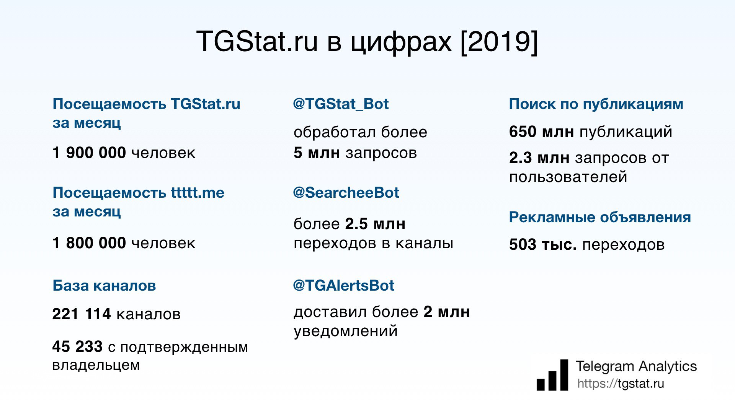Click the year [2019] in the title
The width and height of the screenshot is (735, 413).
(x=499, y=41)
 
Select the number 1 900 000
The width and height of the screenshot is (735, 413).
(x=89, y=153)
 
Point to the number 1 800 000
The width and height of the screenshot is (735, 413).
(x=89, y=243)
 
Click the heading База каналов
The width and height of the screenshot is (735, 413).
(x=104, y=285)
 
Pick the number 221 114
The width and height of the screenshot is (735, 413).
(x=82, y=314)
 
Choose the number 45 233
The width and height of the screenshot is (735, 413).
(x=77, y=346)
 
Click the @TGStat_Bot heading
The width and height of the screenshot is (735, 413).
(x=341, y=104)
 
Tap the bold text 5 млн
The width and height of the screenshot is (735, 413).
(x=317, y=153)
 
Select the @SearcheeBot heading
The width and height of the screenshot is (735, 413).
(x=346, y=192)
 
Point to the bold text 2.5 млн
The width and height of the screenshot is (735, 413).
(x=375, y=224)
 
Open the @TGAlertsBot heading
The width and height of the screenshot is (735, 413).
(x=343, y=285)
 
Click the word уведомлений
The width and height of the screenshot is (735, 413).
(x=346, y=331)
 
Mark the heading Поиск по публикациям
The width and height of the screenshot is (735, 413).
(x=596, y=104)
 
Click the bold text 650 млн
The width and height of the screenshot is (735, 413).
(x=541, y=132)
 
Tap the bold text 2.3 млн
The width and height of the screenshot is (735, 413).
(x=539, y=158)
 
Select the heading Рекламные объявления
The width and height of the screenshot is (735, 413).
(x=600, y=217)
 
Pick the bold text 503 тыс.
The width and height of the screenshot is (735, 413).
(x=543, y=244)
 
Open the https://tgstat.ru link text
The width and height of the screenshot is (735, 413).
(x=621, y=384)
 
